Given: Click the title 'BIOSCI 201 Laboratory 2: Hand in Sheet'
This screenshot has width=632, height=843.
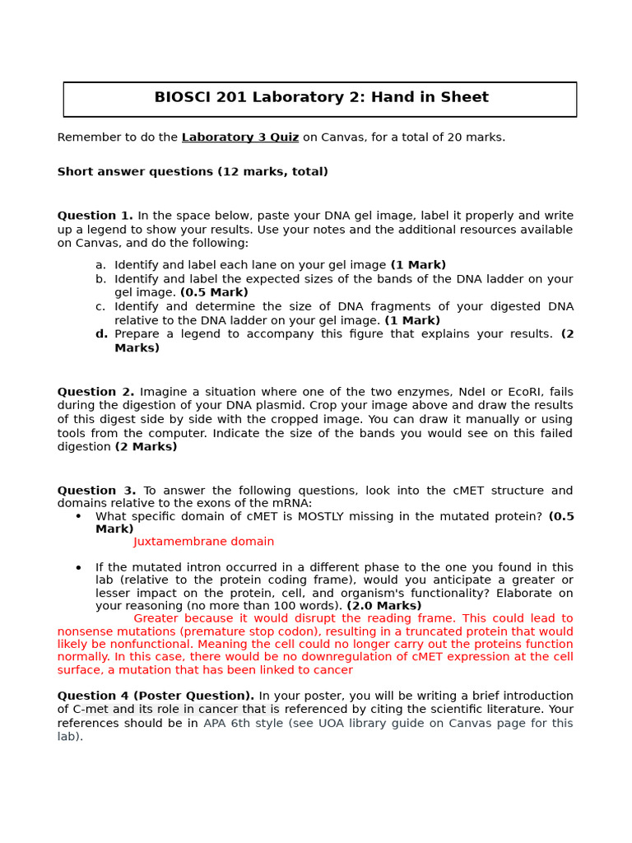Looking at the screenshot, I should click(x=321, y=98).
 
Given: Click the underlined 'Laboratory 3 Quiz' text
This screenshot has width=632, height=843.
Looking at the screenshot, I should click(x=239, y=137).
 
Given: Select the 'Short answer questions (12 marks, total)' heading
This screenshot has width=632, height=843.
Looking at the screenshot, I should click(x=193, y=172).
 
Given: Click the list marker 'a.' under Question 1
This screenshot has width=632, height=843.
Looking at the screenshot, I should click(x=100, y=265).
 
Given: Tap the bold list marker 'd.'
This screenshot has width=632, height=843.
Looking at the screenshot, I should click(x=101, y=334).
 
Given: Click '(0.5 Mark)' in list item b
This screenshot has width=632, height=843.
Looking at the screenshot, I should click(x=214, y=292).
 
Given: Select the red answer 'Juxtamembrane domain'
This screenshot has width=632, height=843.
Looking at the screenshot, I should click(x=203, y=542).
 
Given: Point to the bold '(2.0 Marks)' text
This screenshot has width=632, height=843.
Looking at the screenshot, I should click(x=383, y=606).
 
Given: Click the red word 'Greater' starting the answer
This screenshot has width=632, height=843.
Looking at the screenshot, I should click(x=156, y=618).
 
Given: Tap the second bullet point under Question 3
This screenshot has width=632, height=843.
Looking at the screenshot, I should click(x=78, y=568).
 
